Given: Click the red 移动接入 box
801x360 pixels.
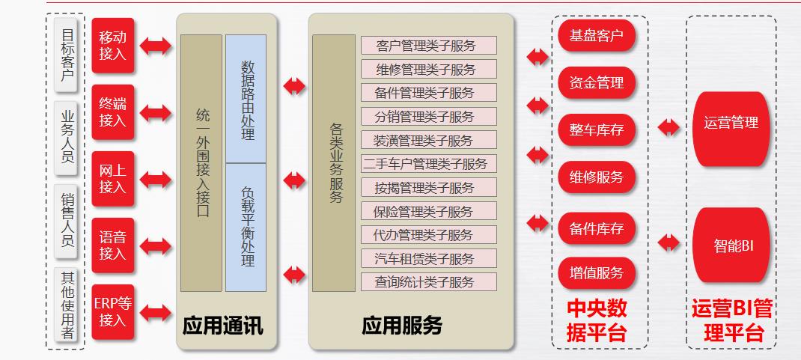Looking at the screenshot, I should point(113,46).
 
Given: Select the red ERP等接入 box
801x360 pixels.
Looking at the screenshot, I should point(113,311).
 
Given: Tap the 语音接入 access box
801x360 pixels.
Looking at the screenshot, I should point(113,245).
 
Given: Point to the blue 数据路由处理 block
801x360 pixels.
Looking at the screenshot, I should point(246,99).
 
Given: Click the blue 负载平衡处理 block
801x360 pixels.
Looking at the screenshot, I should point(246,227).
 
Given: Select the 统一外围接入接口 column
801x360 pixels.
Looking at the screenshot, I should point(202,162).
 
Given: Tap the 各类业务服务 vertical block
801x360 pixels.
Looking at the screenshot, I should point(334,162).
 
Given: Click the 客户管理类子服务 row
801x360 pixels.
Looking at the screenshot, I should point(428,46).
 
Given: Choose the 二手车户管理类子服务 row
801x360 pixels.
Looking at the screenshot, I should point(428,164).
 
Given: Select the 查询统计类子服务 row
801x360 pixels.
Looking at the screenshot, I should point(428,282).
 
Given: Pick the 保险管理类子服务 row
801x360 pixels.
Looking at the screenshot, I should point(428,211).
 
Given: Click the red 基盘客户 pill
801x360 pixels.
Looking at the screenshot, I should point(596,35).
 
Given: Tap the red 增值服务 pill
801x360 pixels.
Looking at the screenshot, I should point(596,272).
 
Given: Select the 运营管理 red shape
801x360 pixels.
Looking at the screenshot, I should point(731,123).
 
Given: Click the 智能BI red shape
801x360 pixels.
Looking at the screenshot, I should point(731,245).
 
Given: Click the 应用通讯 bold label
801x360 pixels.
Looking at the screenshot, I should point(223,326).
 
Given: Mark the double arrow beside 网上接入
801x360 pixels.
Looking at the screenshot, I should point(156,179).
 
